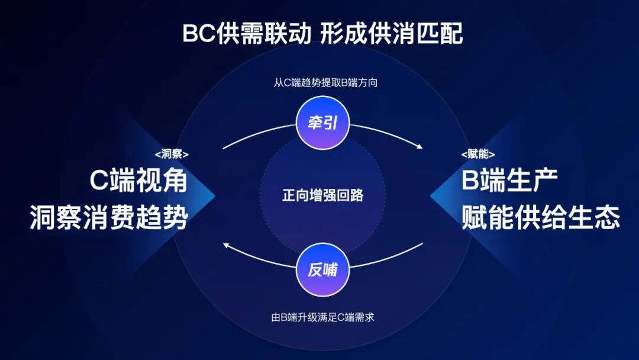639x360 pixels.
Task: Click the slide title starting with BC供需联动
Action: [x=322, y=34]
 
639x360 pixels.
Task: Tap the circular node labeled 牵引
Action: [x=322, y=123]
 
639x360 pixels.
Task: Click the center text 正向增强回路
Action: [x=322, y=195]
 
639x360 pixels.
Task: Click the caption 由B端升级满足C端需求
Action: [x=322, y=317]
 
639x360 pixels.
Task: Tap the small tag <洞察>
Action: [x=172, y=155]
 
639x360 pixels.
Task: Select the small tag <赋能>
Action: [x=478, y=155]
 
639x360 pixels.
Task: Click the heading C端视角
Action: [x=138, y=181]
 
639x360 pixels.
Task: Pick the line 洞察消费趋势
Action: [x=109, y=218]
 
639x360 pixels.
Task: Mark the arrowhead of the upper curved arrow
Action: [x=419, y=146]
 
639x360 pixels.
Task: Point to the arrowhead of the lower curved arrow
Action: [x=225, y=244]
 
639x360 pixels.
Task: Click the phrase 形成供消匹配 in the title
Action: [x=392, y=34]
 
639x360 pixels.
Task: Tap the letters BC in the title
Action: [x=197, y=34]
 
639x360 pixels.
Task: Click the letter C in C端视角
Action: [x=99, y=181]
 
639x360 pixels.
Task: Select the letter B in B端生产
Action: [x=470, y=181]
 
